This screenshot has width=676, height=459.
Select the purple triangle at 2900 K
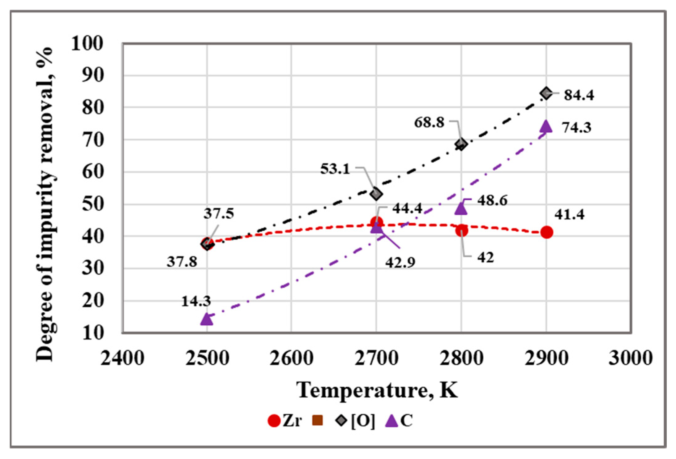(x=546, y=126)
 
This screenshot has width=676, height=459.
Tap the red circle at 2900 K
(x=546, y=232)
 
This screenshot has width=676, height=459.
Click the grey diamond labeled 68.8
(x=461, y=144)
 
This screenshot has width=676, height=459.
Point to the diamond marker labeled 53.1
(x=376, y=194)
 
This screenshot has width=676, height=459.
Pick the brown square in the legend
(x=318, y=421)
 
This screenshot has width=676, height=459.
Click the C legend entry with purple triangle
(x=399, y=421)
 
